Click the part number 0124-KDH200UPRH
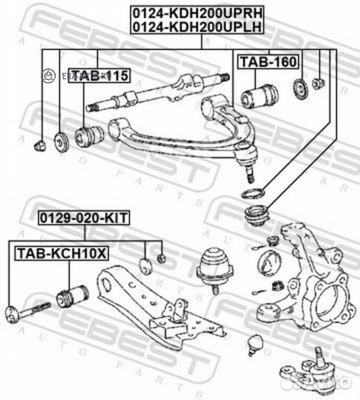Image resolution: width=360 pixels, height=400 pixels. click(x=198, y=13)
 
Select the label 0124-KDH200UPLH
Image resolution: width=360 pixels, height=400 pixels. click(x=198, y=27)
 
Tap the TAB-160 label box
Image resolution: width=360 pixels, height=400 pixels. click(x=256, y=62)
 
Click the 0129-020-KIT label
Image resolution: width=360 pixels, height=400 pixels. click(x=84, y=219)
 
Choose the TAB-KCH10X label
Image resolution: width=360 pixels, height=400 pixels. click(x=62, y=253)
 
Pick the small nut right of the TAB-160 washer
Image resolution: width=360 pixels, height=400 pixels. click(x=319, y=84)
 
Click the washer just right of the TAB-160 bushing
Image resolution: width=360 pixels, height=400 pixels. click(x=300, y=87)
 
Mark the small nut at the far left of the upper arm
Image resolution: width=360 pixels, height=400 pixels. click(x=41, y=142)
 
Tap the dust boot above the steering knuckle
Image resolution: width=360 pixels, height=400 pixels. click(x=257, y=217)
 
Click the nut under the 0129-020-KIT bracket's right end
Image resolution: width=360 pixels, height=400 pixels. click(x=161, y=258)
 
